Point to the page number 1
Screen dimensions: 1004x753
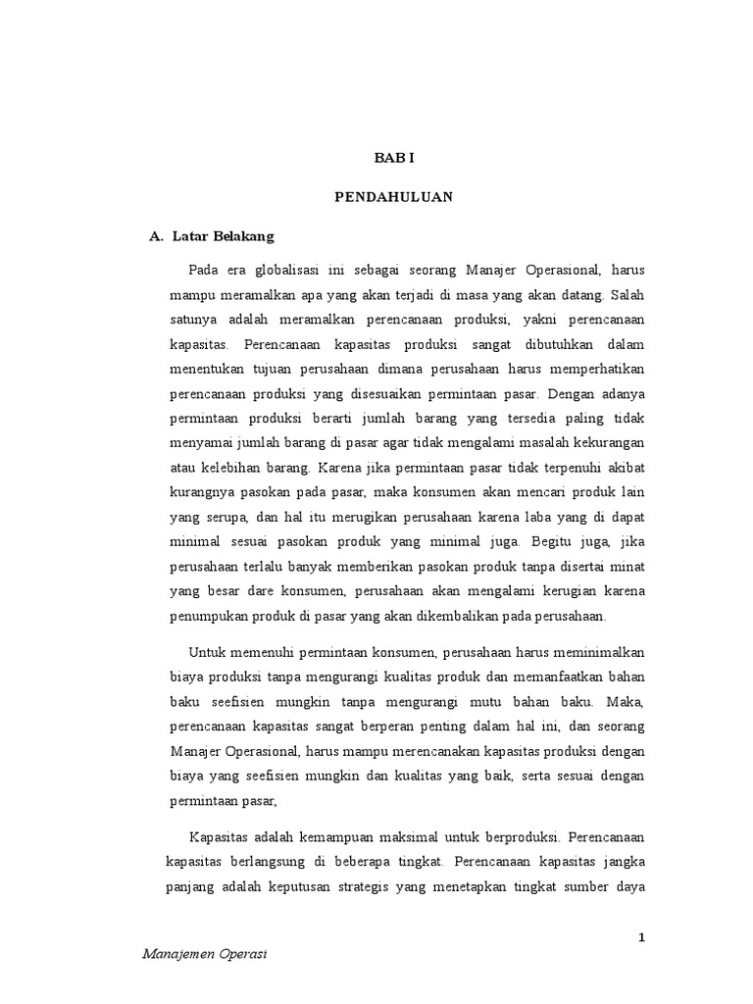click(x=641, y=937)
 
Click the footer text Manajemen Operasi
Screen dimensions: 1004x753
click(x=206, y=953)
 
